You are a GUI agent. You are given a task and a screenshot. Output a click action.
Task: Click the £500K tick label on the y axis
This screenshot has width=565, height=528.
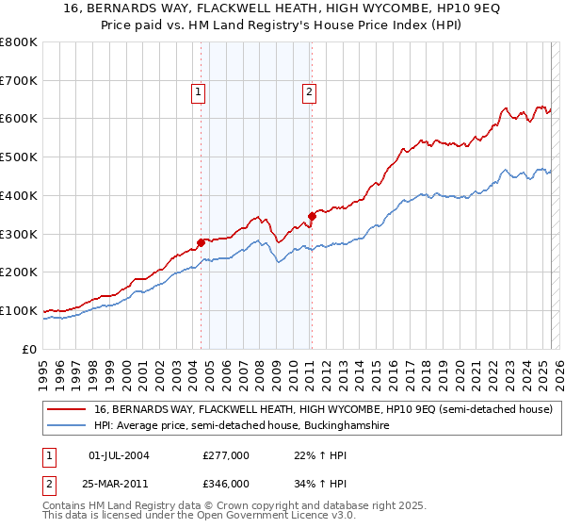pyautogui.click(x=19, y=157)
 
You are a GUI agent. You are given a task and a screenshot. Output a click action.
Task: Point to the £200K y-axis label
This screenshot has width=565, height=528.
pyautogui.click(x=19, y=272)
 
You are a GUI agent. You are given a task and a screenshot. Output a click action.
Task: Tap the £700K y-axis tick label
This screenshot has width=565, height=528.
pyautogui.click(x=19, y=81)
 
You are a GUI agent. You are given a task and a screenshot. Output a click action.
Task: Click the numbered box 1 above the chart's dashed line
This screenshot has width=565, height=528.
pyautogui.click(x=200, y=92)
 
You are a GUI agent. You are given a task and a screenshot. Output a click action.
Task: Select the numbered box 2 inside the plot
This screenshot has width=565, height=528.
pyautogui.click(x=309, y=92)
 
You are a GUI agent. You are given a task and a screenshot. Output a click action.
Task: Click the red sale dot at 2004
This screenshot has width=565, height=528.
pyautogui.click(x=201, y=242)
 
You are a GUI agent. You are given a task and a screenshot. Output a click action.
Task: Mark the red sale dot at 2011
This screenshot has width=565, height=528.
pyautogui.click(x=312, y=216)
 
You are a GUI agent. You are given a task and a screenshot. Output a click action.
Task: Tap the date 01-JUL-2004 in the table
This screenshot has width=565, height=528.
pyautogui.click(x=119, y=455)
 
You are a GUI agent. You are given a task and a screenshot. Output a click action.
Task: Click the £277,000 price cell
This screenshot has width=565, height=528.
pyautogui.click(x=227, y=455)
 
